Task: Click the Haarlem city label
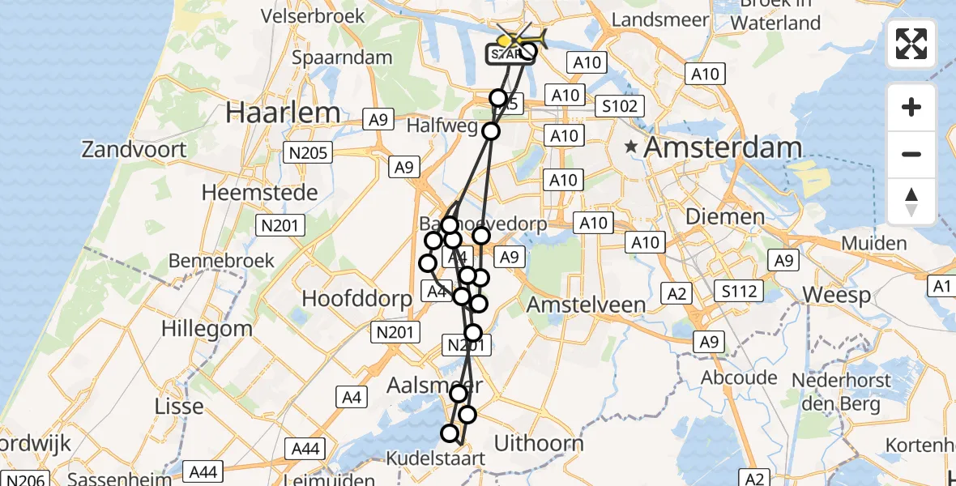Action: (x=283, y=112)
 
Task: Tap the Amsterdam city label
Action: (x=721, y=148)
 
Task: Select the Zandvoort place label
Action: (x=134, y=149)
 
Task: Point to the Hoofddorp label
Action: (x=356, y=297)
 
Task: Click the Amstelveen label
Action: (x=586, y=305)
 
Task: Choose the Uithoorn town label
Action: (x=539, y=442)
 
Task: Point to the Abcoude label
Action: (x=740, y=377)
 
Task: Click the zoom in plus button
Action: (x=911, y=107)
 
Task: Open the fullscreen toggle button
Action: (x=911, y=44)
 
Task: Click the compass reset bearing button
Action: (x=911, y=202)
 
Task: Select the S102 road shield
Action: (x=620, y=106)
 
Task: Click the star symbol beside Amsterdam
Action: (x=631, y=147)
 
